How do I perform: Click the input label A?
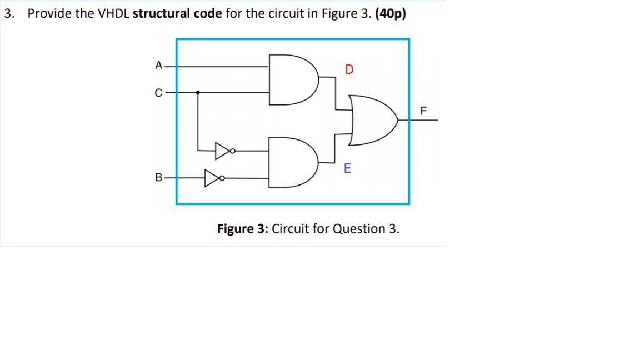coord(158,66)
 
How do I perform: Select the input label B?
coord(158,178)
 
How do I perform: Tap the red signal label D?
coord(349,69)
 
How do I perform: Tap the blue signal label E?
coord(348,168)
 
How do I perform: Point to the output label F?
coord(423,110)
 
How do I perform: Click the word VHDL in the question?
coord(114,14)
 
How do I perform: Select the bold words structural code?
coord(177,14)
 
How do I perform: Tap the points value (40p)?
coord(391,14)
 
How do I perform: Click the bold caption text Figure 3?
coord(243,228)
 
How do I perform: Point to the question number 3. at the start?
coord(9,14)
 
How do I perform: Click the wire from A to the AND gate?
coord(222,66)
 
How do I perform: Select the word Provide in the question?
coord(49,14)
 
